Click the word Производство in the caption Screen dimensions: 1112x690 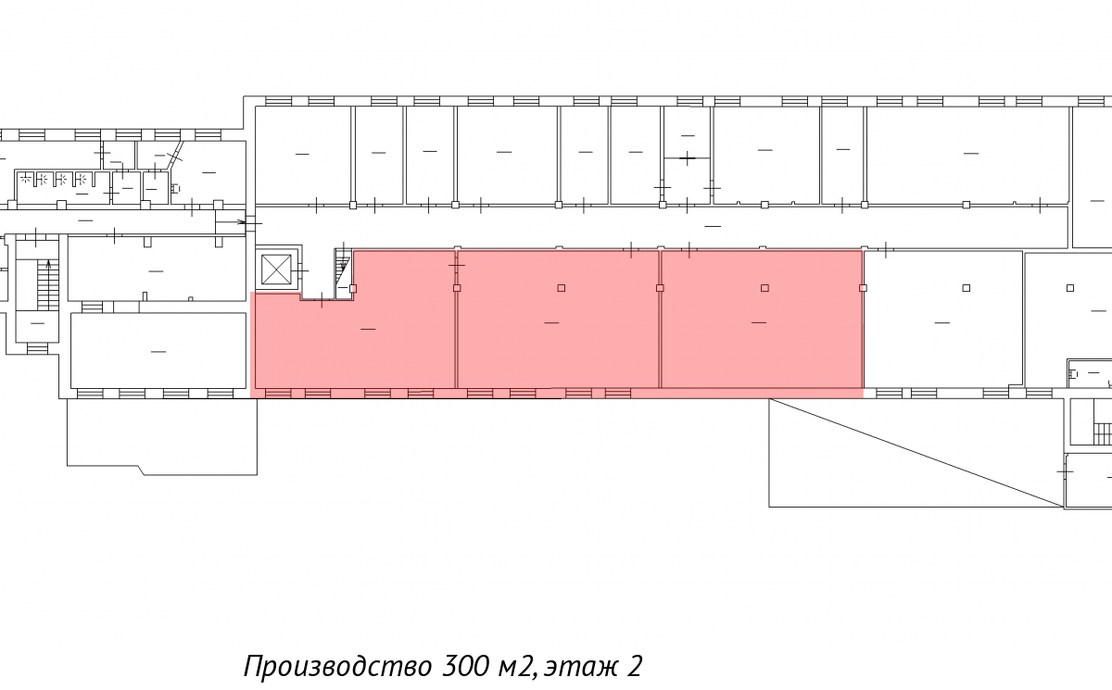[x=337, y=667]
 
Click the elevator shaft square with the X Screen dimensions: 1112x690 [x=276, y=270]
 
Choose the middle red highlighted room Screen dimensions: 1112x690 [x=558, y=320]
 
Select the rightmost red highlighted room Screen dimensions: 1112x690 [x=762, y=320]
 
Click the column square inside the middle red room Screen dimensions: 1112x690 [x=561, y=288]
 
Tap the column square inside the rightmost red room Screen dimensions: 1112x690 [x=764, y=288]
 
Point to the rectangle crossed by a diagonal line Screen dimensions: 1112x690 [x=916, y=453]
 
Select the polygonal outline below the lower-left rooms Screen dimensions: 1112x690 [x=162, y=436]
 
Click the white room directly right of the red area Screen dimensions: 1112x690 [x=943, y=320]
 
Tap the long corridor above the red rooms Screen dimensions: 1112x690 [x=660, y=227]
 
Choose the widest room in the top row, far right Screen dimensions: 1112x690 [x=968, y=155]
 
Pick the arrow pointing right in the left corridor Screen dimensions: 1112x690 [x=232, y=221]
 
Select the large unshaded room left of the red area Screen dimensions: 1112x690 [x=158, y=350]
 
